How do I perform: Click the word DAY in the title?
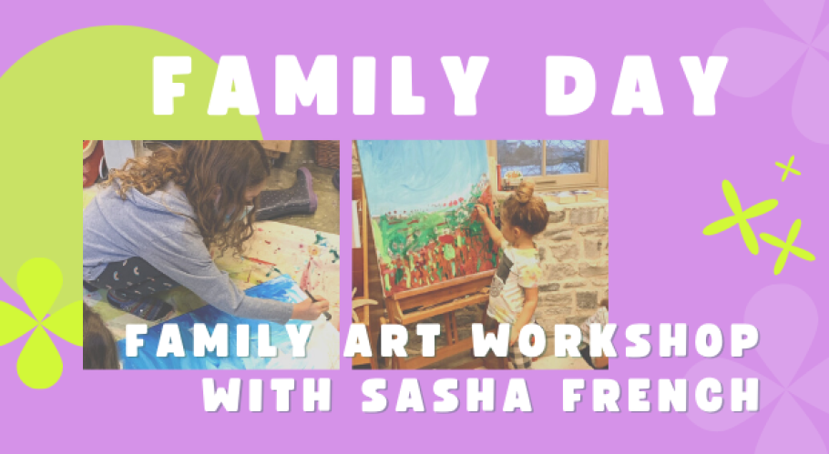(636, 85)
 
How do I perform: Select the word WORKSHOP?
(616, 340)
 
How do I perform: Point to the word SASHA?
(446, 395)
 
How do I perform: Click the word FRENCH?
(660, 395)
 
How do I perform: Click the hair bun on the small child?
(524, 192)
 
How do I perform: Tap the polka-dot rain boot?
(288, 196)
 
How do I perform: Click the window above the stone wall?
(545, 161)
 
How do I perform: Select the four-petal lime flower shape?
(40, 323)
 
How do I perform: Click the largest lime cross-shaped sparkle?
(740, 217)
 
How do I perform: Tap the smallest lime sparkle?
(788, 168)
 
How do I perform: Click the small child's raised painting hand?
(481, 211)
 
